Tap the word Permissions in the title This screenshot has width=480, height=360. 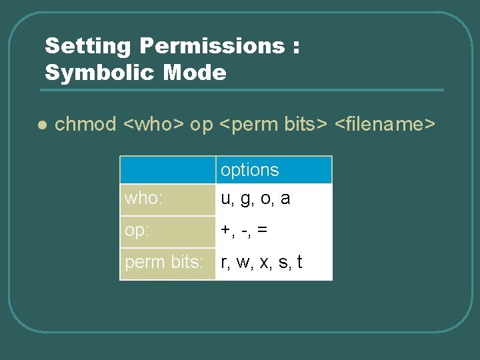[211, 47]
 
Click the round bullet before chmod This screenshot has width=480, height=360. [41, 125]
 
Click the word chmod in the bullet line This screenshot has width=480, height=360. [85, 125]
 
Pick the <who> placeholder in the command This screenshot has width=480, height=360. [155, 125]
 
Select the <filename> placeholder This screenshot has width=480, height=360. [385, 125]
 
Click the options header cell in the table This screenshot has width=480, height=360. [249, 170]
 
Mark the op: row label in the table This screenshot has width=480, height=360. [137, 231]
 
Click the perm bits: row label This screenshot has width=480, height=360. [164, 263]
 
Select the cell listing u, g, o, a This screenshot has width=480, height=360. [255, 199]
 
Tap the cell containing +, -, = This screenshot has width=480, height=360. [244, 230]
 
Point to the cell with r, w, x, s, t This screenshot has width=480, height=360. [261, 262]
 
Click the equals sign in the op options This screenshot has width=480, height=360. [263, 230]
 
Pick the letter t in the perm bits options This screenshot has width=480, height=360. [300, 262]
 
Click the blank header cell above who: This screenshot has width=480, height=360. [167, 170]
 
